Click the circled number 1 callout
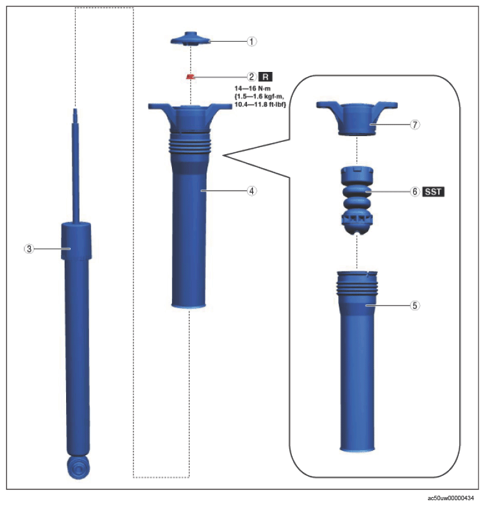pos(252,41)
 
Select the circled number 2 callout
pos(252,77)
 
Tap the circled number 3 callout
pos(29,249)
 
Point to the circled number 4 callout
pos(252,191)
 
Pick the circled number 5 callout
pos(415,305)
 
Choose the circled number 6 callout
pos(415,192)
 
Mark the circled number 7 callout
pos(415,125)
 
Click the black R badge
pos(266,77)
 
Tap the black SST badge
pos(433,192)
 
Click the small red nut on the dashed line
pos(191,77)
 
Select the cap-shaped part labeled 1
pos(191,39)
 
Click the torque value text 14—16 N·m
pos(253,89)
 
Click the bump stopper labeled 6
pos(357,200)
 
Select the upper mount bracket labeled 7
pos(357,118)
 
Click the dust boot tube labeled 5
pos(357,361)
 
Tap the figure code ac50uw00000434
pos(450,498)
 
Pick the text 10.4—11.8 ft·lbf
pos(260,105)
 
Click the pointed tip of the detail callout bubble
pos(223,155)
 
